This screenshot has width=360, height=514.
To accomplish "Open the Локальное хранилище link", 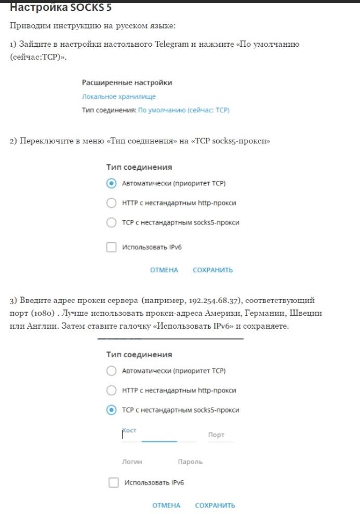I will click(x=118, y=97).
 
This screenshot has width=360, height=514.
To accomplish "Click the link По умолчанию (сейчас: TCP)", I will click(x=183, y=110).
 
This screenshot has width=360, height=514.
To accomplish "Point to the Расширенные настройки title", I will click(x=127, y=83).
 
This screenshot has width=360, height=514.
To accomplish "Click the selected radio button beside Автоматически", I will click(x=111, y=183).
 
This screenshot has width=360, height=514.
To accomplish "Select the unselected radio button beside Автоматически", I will click(x=111, y=371).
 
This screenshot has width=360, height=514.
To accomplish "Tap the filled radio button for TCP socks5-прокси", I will click(x=111, y=410).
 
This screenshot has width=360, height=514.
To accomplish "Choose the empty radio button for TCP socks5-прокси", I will click(x=111, y=223).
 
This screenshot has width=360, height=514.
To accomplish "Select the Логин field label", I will click(x=132, y=462).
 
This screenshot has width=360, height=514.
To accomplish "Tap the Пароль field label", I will click(x=190, y=462).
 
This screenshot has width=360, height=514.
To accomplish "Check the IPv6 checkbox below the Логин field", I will click(x=114, y=483).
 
